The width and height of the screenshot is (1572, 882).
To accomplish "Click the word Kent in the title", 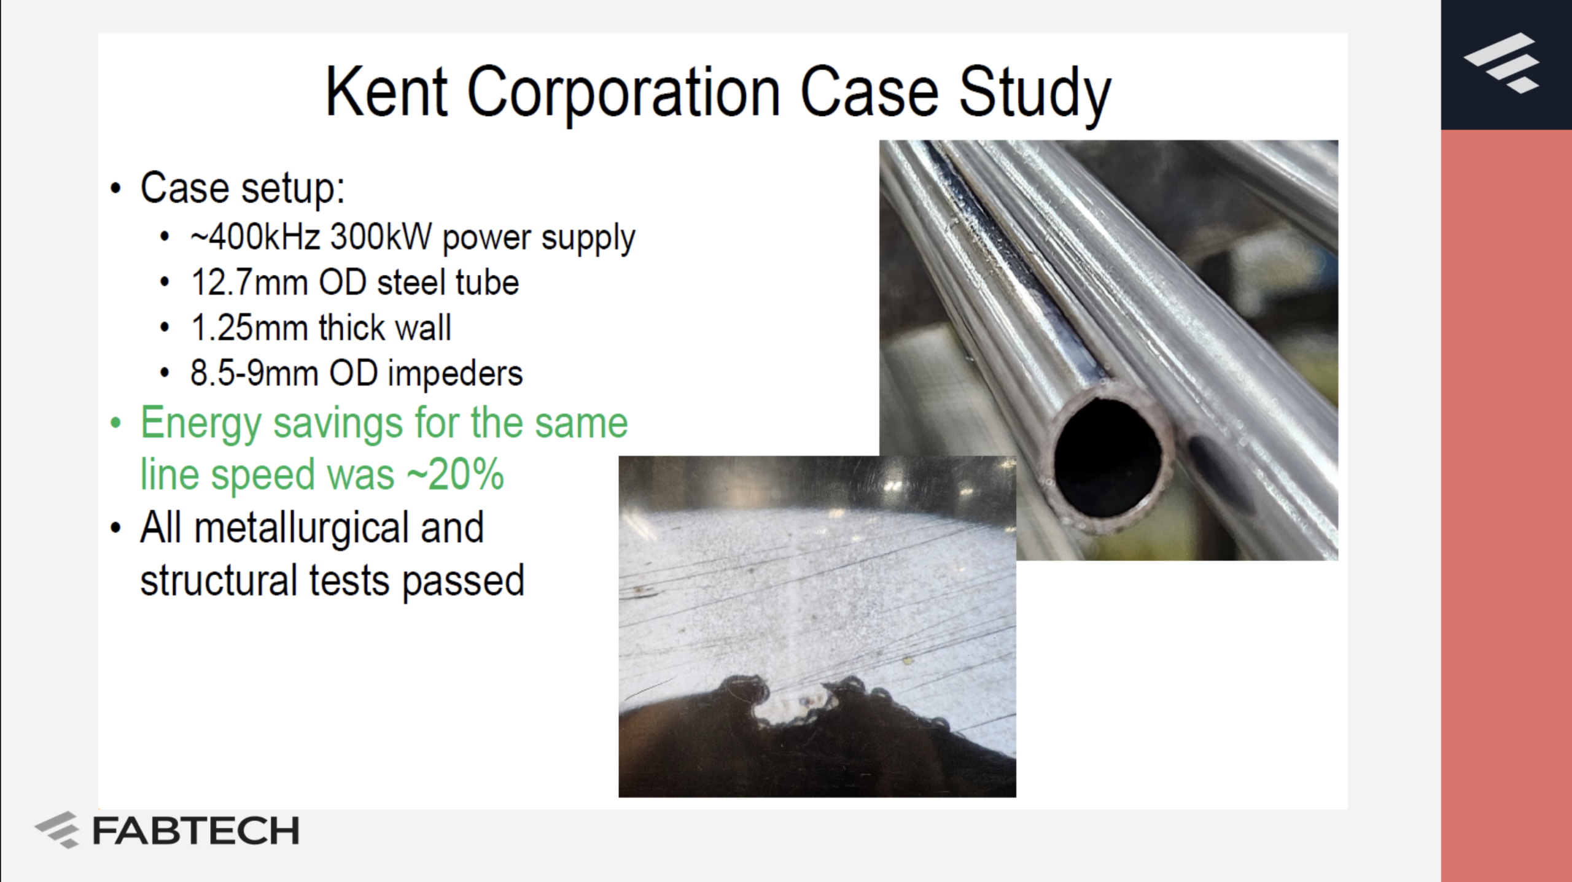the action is (x=386, y=92).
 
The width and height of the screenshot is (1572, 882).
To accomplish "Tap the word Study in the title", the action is (x=1035, y=95).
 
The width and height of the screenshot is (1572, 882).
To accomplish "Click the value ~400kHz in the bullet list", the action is (x=255, y=236).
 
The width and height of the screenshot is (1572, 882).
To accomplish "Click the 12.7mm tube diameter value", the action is (x=249, y=282).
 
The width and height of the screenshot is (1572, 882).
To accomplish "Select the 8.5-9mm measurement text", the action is (x=254, y=373).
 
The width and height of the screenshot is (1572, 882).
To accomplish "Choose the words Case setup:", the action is (x=243, y=188).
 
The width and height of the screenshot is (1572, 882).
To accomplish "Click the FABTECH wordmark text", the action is (x=196, y=831).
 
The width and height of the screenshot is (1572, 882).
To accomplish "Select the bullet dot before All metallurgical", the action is (x=115, y=528).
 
